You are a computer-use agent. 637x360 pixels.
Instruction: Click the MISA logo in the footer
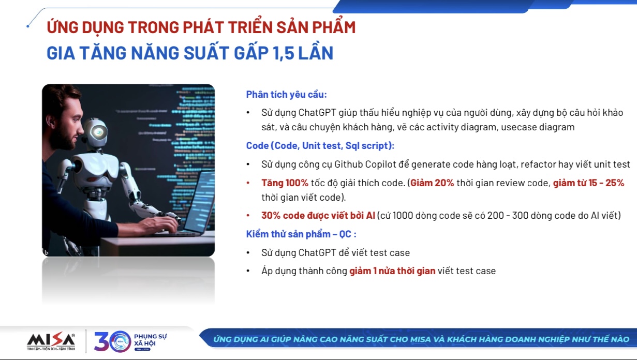coord(51,340)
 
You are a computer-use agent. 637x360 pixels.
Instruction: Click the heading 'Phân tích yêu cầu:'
coord(286,95)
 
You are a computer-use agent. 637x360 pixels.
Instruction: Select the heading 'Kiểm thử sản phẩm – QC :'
coord(301,234)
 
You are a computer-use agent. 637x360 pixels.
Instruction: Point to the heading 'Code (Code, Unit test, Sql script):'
coord(320,146)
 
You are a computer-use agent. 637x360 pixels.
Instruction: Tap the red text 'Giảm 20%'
coord(432,183)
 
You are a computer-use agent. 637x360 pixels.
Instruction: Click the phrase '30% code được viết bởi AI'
coord(318,216)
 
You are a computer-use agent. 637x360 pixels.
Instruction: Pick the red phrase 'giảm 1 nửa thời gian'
coord(392,271)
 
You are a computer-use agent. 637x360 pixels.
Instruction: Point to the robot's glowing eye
coord(97,132)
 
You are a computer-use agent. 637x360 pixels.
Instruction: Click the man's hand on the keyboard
coord(164,224)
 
